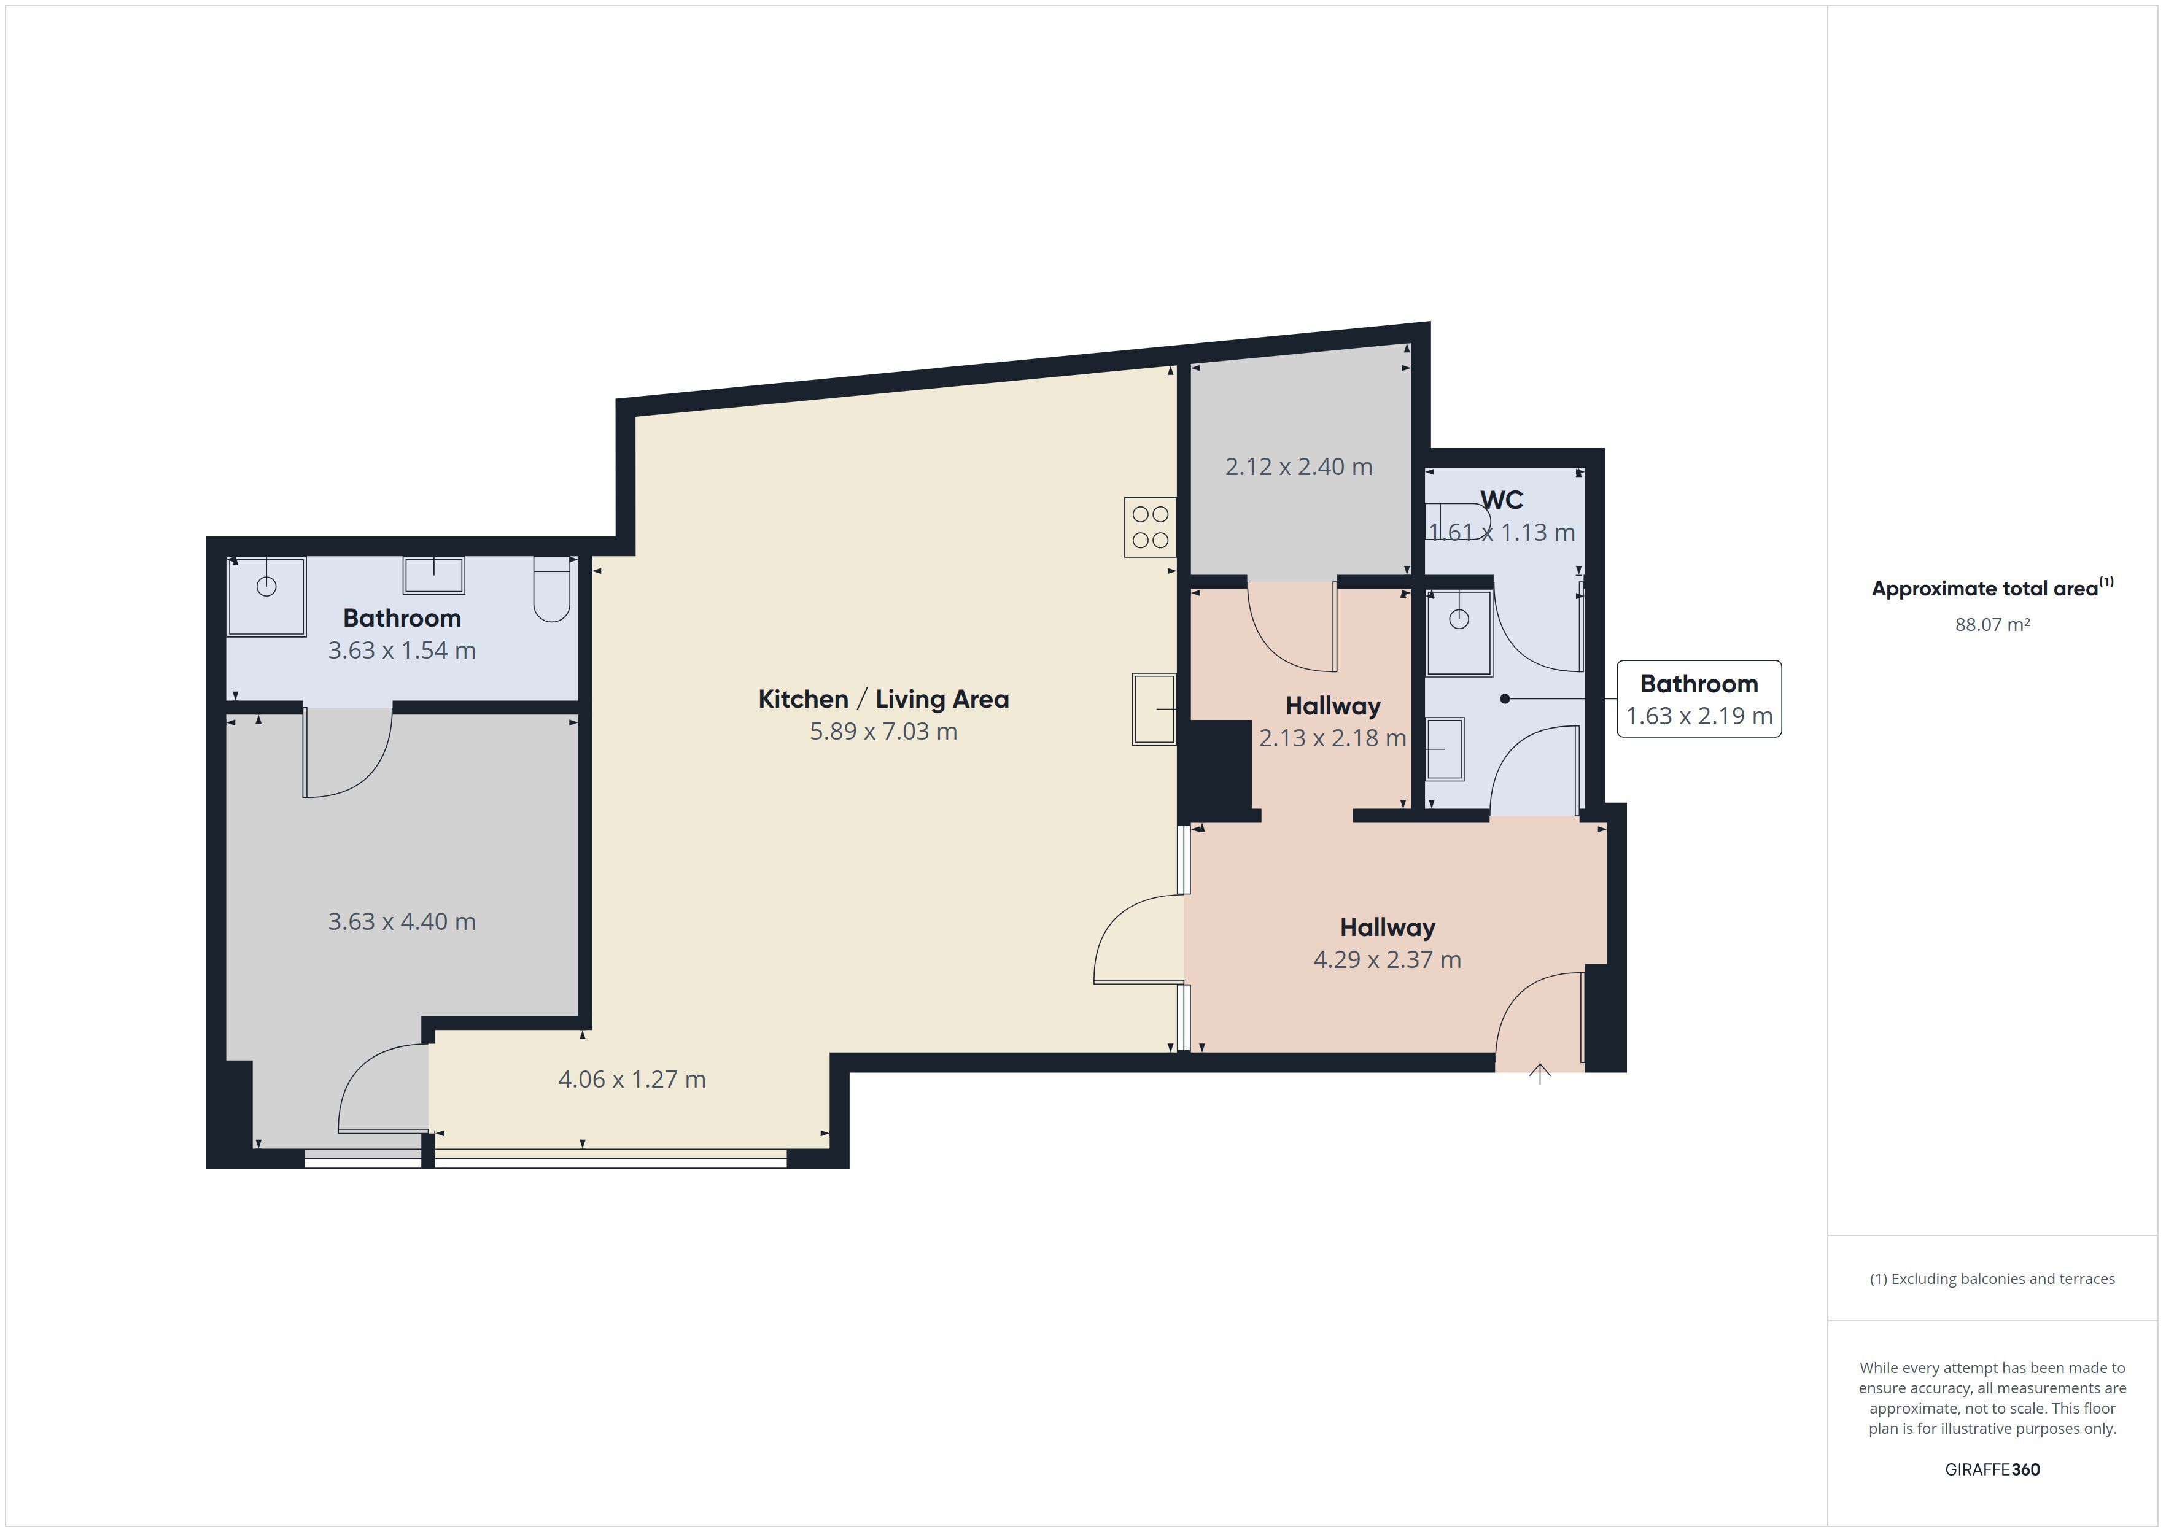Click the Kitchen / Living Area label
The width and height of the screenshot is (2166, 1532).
(x=883, y=699)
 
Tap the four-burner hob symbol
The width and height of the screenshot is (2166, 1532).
(x=1150, y=527)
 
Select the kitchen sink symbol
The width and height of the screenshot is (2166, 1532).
(x=1154, y=708)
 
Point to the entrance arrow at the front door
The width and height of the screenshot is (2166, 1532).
(x=1540, y=1074)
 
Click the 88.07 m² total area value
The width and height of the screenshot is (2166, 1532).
(x=1992, y=624)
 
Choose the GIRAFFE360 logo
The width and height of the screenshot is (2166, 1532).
(x=1992, y=1469)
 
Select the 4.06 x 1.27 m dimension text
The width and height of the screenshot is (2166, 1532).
(x=632, y=1078)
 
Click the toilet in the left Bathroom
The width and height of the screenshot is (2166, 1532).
(x=552, y=590)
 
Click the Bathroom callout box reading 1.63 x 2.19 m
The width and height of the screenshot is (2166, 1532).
(x=1699, y=699)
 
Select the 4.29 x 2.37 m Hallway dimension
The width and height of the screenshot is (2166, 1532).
(x=1387, y=959)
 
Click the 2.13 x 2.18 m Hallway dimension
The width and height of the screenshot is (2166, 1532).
(x=1332, y=738)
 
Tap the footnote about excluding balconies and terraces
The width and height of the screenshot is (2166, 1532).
(x=1992, y=1279)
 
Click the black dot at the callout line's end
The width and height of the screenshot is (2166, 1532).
(x=1505, y=699)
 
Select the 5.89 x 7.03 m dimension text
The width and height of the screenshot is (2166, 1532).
(x=883, y=731)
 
